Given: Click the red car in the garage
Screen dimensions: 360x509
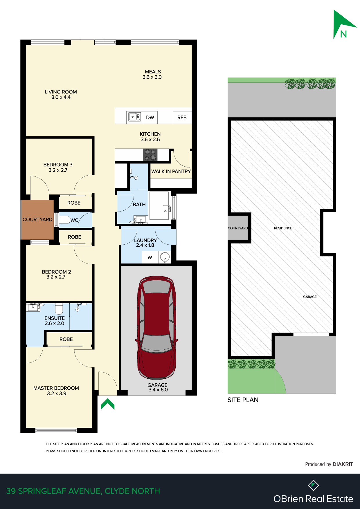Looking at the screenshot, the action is click(x=156, y=328).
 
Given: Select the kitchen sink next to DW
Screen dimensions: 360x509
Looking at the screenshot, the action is click(x=135, y=117).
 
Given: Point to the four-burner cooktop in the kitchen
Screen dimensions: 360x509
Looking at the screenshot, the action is click(x=150, y=155).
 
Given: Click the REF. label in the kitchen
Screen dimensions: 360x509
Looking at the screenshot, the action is click(x=182, y=118).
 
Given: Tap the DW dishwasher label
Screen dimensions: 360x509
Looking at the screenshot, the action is click(x=150, y=118).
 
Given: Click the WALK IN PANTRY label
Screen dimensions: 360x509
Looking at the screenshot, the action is click(x=171, y=172).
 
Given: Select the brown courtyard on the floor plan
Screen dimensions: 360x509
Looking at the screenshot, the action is click(x=37, y=220).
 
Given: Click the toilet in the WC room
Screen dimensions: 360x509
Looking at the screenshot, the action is click(x=65, y=220).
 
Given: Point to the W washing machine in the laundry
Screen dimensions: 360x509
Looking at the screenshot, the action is click(x=150, y=257).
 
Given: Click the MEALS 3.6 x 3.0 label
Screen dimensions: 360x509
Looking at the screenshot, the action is click(x=152, y=74).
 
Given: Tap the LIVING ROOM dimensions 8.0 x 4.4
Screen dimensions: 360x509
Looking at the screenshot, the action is click(x=61, y=97).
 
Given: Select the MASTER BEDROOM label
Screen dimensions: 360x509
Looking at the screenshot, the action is click(x=56, y=388).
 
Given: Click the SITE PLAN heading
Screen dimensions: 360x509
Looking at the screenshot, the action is click(x=243, y=400).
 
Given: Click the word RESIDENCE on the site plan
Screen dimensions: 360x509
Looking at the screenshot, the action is click(x=283, y=228).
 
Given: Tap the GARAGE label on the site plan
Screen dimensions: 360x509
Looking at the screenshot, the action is click(x=310, y=297).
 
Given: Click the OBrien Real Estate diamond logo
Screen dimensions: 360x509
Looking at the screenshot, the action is click(x=313, y=485).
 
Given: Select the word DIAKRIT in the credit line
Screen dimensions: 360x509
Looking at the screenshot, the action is click(x=343, y=464).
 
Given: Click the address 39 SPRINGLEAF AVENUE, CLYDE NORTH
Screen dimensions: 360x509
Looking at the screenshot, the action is click(x=83, y=491).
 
